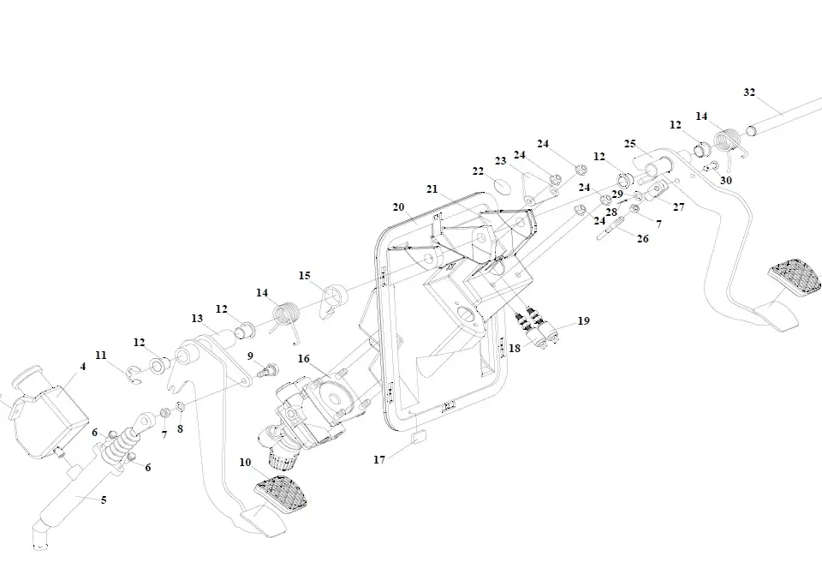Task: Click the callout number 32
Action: pos(749,93)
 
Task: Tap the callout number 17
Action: pos(379,459)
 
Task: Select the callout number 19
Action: pos(583,321)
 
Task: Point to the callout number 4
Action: pos(83,367)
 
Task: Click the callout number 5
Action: pos(104,499)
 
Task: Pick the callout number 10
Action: pos(245,463)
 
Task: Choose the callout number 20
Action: pos(398,207)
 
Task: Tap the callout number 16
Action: pos(303,358)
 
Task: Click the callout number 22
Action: pos(478,171)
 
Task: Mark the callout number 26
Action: pos(642,238)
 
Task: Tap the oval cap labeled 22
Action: pos(501,187)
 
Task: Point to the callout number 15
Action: pos(304,275)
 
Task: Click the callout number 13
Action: pos(196,319)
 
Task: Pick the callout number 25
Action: pos(629,143)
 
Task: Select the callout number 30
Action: pos(726,181)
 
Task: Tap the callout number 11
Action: pos(101,355)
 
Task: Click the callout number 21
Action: pos(432,188)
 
